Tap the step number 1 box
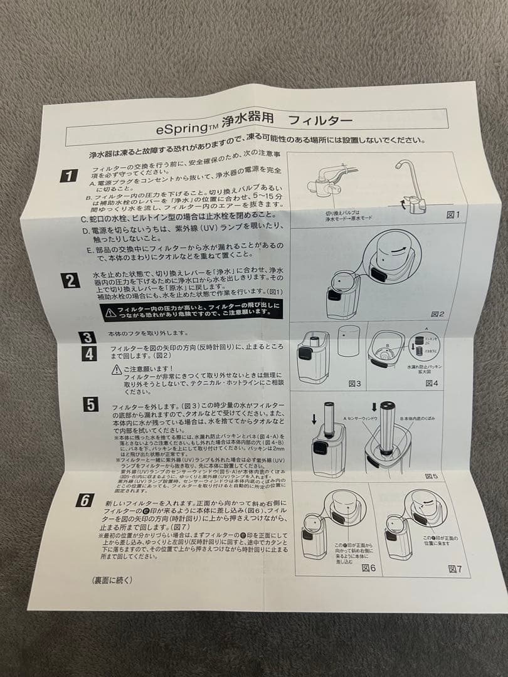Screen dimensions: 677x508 (69, 176)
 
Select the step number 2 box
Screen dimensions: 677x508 (71, 280)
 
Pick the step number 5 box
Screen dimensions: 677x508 (91, 404)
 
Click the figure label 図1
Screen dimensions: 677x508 (453, 214)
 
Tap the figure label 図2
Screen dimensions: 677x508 (438, 313)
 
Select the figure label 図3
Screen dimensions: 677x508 (354, 382)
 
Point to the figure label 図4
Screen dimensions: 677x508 (431, 383)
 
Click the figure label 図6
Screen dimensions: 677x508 (369, 567)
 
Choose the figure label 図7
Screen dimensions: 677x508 (455, 569)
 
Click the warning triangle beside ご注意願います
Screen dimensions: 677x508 (116, 370)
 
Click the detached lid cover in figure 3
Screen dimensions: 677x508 (348, 341)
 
